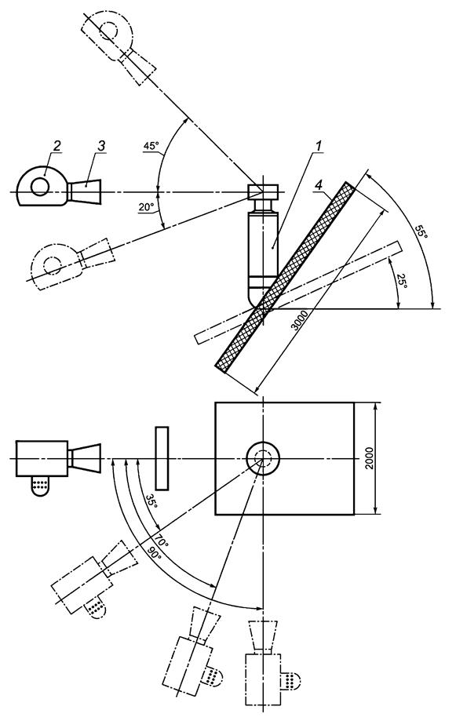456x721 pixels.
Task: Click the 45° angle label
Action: click(151, 146)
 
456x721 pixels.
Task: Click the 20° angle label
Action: click(146, 207)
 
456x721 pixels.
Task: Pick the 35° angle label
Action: click(151, 501)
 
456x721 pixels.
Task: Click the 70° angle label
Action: click(162, 538)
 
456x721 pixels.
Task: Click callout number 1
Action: click(318, 146)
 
